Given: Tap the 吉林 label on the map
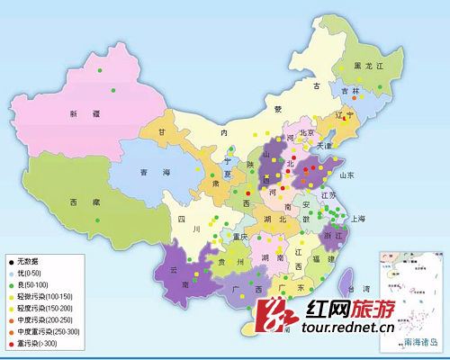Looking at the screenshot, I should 349,91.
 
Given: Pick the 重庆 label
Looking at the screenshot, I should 239,238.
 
